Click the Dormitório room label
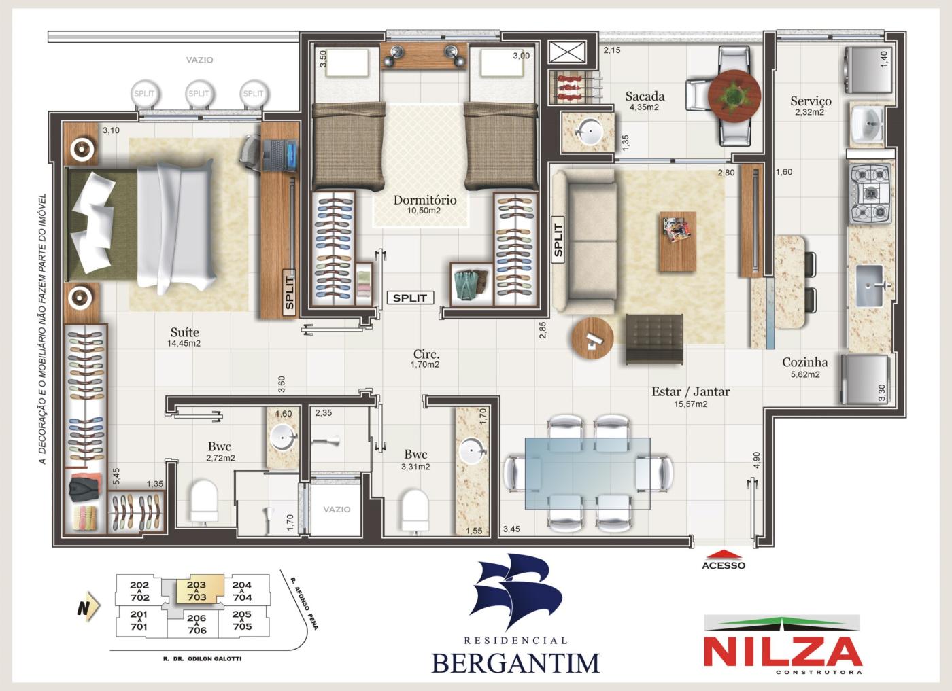tap(424, 200)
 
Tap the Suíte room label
tap(184, 332)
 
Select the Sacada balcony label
tap(645, 96)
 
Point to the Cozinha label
tap(804, 363)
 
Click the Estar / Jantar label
tap(690, 391)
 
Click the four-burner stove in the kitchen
tap(870, 194)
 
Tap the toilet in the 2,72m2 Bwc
tap(203, 502)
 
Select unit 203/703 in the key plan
tap(197, 591)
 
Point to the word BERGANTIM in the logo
tap(516, 661)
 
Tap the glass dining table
tap(588, 472)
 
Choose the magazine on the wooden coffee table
tap(676, 230)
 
